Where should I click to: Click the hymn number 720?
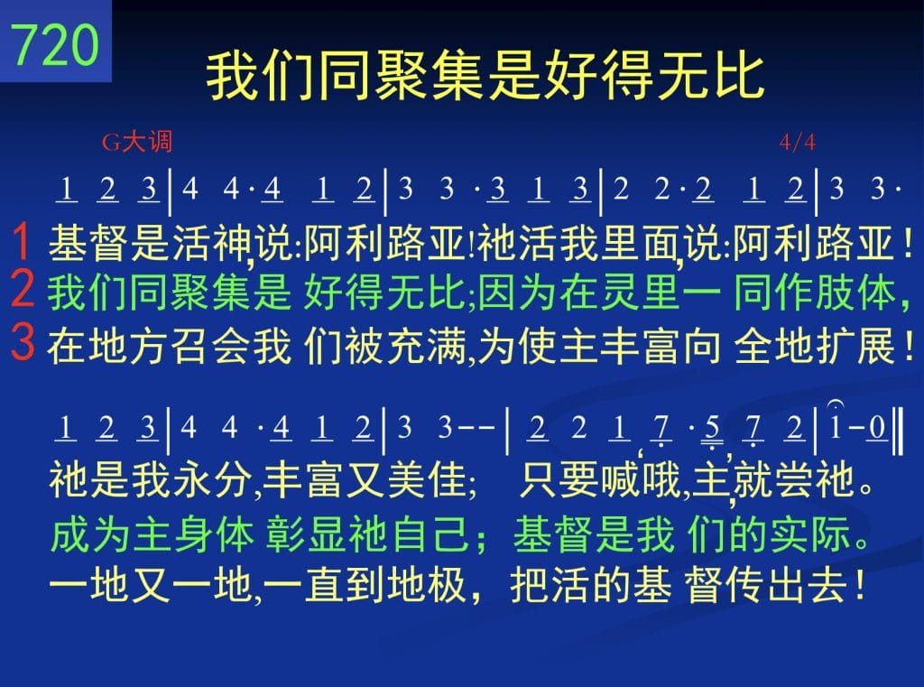tap(55, 44)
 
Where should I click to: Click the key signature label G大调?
tap(137, 142)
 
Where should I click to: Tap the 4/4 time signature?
tap(797, 142)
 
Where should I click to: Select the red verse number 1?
tap(22, 242)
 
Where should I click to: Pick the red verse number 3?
tap(23, 342)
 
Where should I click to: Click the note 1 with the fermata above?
tap(835, 428)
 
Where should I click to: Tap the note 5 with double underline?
tap(712, 429)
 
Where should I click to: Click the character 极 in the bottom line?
tap(450, 586)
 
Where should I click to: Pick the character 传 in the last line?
tap(745, 586)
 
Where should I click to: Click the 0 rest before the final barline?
tap(877, 428)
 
